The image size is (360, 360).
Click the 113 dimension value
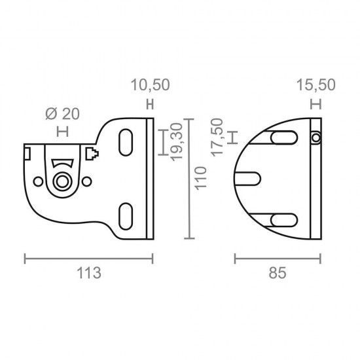pos(89,273)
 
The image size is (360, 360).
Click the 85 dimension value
pos(278,273)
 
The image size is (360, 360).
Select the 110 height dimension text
pos(201,179)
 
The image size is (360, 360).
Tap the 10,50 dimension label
pos(151,84)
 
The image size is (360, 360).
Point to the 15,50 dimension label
pos(316,84)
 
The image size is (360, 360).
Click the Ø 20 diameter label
pos(62,114)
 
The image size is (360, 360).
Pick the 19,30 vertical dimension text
pos(177,142)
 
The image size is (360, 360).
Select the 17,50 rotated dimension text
pos(217,137)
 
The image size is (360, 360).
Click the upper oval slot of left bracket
pos(126,142)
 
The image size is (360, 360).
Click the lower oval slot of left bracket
pos(126,216)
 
